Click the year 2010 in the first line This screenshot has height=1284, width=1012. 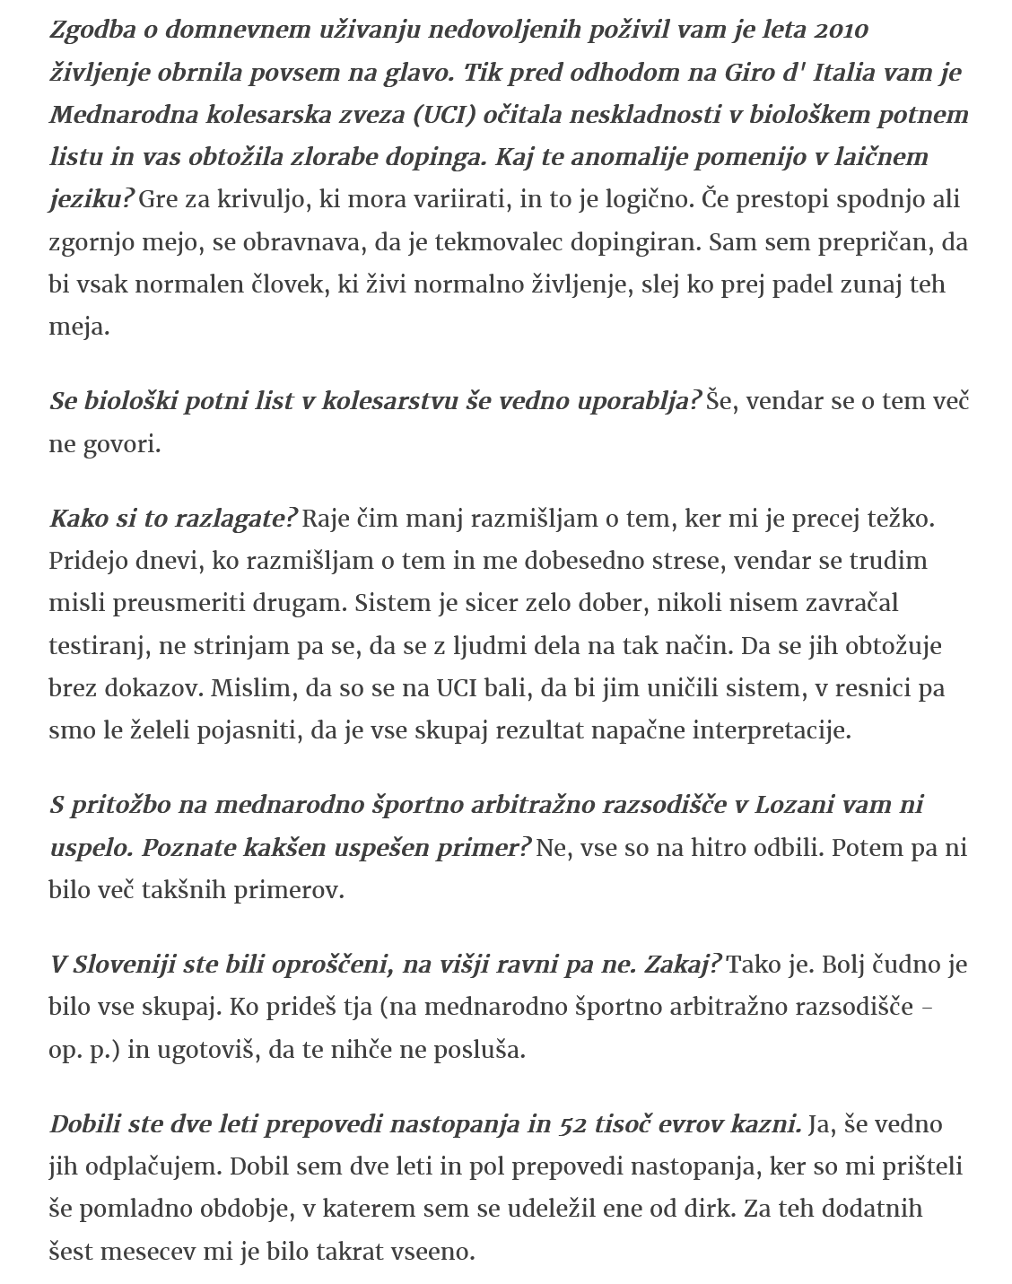[842, 30]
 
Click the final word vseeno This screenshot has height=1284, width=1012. [431, 1252]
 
